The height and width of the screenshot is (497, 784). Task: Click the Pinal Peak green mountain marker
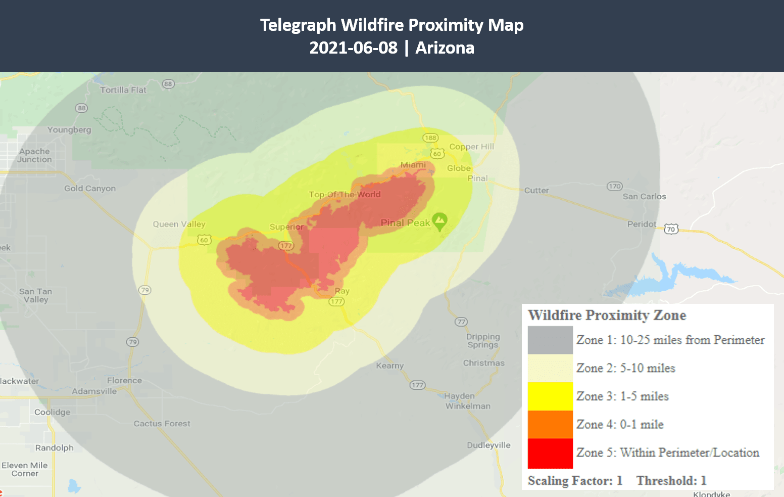(x=439, y=220)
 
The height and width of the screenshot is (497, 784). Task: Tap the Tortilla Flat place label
(x=123, y=90)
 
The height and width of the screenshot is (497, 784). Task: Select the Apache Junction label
(x=34, y=155)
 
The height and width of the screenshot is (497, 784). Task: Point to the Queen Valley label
(x=179, y=224)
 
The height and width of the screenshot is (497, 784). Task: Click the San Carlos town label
(x=644, y=196)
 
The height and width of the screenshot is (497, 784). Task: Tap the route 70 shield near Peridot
(x=671, y=229)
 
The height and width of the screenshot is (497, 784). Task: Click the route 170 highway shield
(x=614, y=186)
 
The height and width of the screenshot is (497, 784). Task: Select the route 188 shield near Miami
(x=430, y=138)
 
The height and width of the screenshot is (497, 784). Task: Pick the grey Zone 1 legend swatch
(x=550, y=340)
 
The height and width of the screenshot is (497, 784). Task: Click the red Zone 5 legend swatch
(x=550, y=453)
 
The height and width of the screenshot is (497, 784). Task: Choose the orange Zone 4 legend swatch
(x=550, y=424)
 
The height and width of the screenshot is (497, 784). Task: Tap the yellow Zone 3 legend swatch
(x=550, y=396)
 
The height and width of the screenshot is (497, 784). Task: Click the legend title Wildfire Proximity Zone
(x=607, y=315)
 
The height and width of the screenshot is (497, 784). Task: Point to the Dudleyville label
(x=488, y=445)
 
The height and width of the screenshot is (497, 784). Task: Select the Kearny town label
(x=389, y=366)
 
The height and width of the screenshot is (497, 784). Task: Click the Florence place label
(x=124, y=380)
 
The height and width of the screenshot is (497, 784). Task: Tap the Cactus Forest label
(x=162, y=424)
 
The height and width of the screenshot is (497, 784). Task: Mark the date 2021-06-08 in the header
(x=353, y=48)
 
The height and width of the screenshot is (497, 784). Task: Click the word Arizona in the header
(x=445, y=48)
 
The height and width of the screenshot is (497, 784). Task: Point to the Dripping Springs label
(x=482, y=341)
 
